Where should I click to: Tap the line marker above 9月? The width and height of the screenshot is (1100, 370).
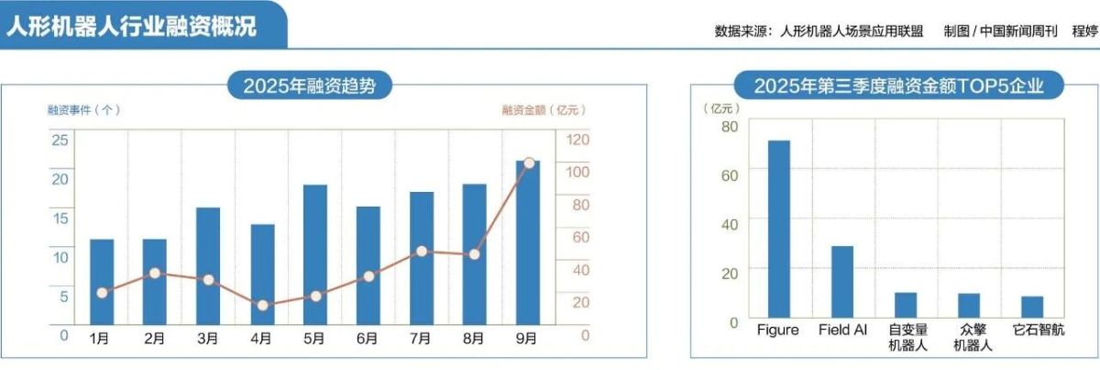click(528, 163)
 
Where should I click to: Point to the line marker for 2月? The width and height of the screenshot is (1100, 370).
click(155, 274)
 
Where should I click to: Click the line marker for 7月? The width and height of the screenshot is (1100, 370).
click(422, 251)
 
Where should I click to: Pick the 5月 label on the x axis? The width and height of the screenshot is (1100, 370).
click(314, 339)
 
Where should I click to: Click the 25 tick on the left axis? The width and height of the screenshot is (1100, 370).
click(59, 140)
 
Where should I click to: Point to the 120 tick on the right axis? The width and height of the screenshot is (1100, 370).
click(578, 140)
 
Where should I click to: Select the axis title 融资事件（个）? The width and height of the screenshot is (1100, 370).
click(83, 109)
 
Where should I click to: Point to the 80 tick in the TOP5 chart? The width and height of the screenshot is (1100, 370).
click(729, 127)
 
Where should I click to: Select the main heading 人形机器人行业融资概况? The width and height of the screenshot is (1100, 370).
click(131, 26)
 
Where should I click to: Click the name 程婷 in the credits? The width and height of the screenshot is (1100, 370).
click(1083, 30)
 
